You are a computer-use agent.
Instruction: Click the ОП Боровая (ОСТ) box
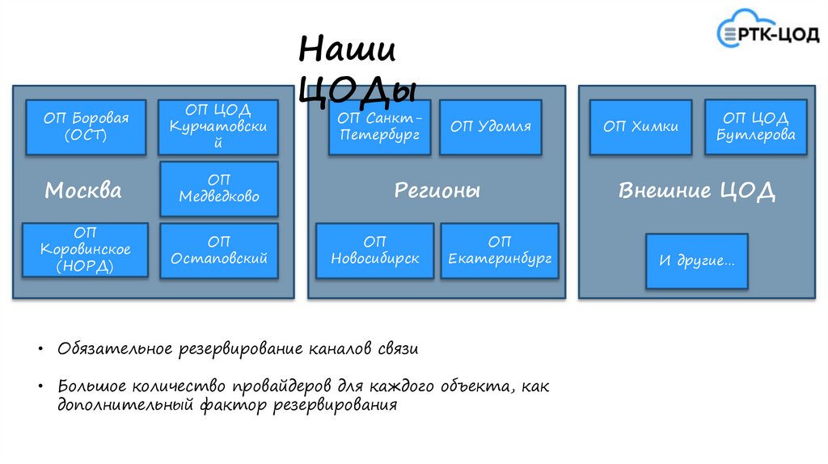pyautogui.click(x=87, y=128)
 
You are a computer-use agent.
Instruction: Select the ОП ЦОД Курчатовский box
pyautogui.click(x=218, y=128)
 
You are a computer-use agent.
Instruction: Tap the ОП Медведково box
pyautogui.click(x=219, y=188)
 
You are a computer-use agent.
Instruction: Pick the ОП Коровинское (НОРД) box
pyautogui.click(x=86, y=250)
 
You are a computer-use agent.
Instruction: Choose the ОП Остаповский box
pyautogui.click(x=219, y=251)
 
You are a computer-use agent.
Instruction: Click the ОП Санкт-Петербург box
pyautogui.click(x=380, y=128)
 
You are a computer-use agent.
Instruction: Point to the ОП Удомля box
pyautogui.click(x=491, y=128)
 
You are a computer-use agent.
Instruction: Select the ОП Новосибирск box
pyautogui.click(x=375, y=251)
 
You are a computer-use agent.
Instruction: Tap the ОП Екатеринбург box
pyautogui.click(x=500, y=251)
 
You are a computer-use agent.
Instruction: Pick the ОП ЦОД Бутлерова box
pyautogui.click(x=756, y=128)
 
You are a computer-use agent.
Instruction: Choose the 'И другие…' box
pyautogui.click(x=697, y=261)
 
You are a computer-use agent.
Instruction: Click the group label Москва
pyautogui.click(x=83, y=191)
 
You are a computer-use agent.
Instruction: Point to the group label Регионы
pyautogui.click(x=437, y=191)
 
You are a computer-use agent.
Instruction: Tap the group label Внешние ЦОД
pyautogui.click(x=697, y=192)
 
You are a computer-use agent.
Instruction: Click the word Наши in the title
pyautogui.click(x=348, y=50)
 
